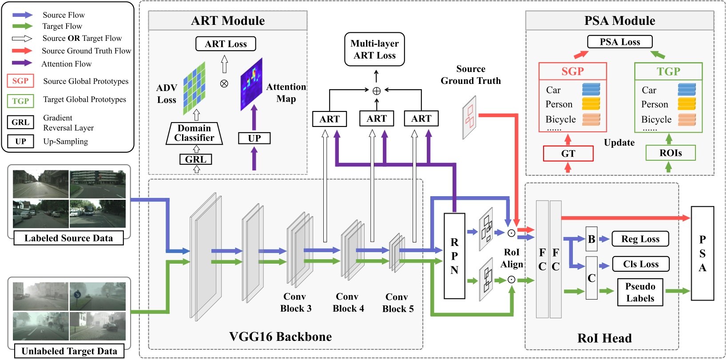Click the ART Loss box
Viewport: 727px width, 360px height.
tap(226, 44)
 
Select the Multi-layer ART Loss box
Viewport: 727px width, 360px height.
tap(374, 49)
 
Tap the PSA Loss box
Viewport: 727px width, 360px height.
tap(620, 42)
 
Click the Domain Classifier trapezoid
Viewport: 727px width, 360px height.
tap(194, 133)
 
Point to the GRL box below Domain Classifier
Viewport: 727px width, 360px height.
tap(195, 159)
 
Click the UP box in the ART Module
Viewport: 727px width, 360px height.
tap(254, 138)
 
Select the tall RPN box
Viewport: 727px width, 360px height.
tap(454, 256)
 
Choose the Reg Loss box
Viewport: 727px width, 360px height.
tap(640, 239)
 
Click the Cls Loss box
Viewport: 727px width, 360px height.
tap(640, 264)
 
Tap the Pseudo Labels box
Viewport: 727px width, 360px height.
tap(640, 292)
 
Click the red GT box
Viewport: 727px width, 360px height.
tap(568, 154)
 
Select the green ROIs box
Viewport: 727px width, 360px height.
tap(670, 153)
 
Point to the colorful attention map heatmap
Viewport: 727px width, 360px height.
tap(251, 84)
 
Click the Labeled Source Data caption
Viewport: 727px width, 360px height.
tap(68, 238)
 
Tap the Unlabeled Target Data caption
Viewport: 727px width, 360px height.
tap(69, 351)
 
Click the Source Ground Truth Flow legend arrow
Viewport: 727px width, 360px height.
tap(22, 51)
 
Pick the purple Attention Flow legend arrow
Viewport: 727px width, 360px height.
tap(22, 63)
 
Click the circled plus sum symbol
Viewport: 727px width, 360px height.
tap(377, 91)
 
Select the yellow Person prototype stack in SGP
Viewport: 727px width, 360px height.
tap(591, 104)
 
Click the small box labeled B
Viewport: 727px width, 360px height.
tap(592, 239)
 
